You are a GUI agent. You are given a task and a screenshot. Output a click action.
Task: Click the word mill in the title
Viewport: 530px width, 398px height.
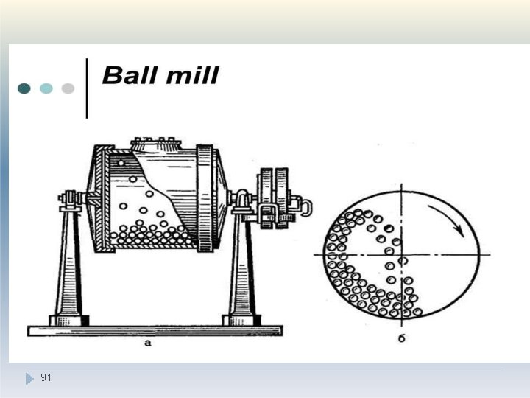click(x=192, y=75)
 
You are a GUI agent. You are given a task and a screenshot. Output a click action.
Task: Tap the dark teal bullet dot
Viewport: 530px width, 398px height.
click(x=24, y=88)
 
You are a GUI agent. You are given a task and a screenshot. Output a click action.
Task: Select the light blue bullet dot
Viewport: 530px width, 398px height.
click(x=46, y=88)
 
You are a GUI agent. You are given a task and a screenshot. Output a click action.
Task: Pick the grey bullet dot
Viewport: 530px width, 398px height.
click(x=68, y=88)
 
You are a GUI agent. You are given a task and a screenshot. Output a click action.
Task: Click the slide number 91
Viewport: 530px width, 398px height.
click(x=46, y=377)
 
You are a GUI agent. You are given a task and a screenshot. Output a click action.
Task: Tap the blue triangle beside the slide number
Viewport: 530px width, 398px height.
click(x=29, y=379)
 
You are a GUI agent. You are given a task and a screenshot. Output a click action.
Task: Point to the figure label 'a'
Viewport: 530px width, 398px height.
click(x=148, y=343)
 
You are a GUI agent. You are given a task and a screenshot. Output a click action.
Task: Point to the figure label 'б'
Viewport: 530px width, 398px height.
click(x=402, y=338)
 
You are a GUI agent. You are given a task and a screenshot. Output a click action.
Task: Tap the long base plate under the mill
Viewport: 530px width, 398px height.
click(x=155, y=331)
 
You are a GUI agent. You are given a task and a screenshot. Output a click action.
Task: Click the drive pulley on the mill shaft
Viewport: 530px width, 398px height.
click(x=274, y=198)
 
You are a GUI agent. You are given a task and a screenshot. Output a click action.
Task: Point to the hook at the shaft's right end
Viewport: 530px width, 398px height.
click(x=305, y=207)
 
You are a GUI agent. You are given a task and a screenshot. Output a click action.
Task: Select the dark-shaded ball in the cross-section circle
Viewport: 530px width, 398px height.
click(x=389, y=228)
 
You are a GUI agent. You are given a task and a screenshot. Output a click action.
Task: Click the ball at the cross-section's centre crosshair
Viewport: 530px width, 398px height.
click(x=403, y=261)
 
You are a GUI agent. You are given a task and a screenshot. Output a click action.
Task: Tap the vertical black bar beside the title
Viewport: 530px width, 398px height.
click(x=87, y=88)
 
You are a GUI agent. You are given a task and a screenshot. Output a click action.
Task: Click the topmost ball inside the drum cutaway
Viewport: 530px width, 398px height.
click(x=121, y=163)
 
